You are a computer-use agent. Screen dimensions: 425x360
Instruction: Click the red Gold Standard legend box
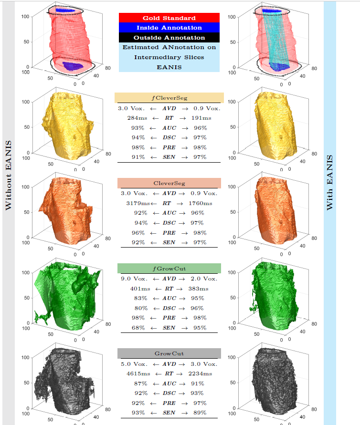(169, 18)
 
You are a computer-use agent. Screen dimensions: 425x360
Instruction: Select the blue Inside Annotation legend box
(169, 28)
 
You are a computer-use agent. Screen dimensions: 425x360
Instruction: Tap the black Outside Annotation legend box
(169, 37)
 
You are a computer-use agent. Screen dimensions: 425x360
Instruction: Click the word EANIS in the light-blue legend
(169, 67)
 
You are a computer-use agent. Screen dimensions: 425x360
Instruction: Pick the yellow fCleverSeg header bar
(169, 98)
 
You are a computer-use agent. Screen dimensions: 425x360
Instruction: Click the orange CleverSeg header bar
(169, 183)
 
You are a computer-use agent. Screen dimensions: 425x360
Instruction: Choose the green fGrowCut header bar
(169, 269)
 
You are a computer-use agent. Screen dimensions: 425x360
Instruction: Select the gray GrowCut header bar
(169, 353)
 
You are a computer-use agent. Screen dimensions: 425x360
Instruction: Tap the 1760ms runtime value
(201, 203)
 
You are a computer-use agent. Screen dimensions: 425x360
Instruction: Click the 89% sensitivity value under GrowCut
(200, 413)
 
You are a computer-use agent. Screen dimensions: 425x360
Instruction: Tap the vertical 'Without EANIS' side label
(8, 175)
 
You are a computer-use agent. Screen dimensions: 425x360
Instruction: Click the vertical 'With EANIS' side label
(330, 183)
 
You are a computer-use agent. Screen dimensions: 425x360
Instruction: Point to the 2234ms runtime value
(200, 373)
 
